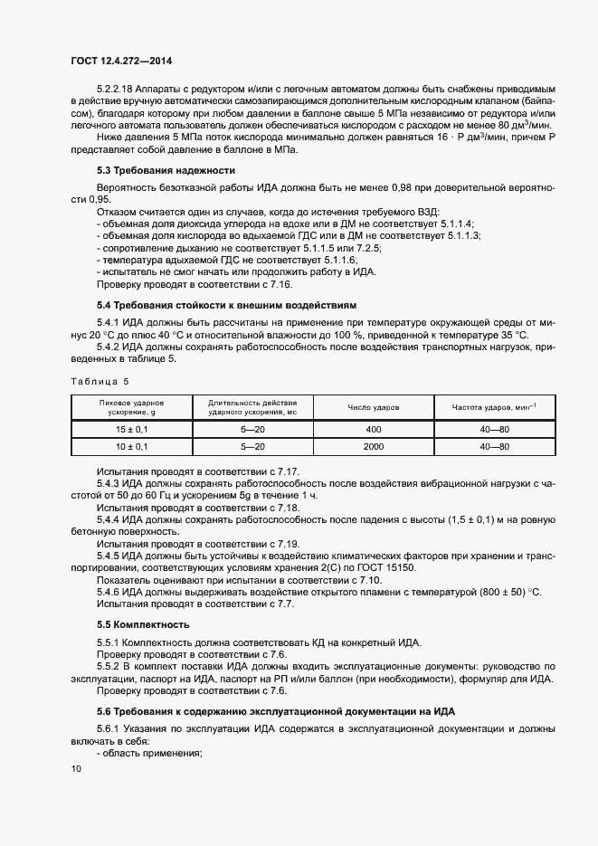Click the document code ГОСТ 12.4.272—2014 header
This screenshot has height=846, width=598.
click(120, 61)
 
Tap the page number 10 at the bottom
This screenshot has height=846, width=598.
click(76, 768)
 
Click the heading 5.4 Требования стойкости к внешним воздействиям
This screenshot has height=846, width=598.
click(227, 306)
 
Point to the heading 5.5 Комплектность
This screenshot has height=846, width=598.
click(143, 624)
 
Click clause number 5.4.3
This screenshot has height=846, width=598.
click(109, 484)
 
